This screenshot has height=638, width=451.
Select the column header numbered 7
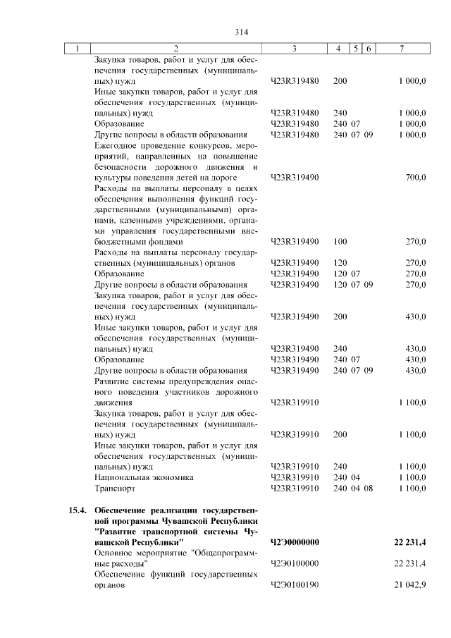coord(401,48)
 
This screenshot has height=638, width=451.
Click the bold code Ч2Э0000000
coord(295,541)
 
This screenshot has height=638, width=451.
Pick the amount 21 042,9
coord(408,585)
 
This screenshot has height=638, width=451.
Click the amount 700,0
coord(414,178)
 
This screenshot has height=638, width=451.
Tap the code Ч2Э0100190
coord(295,585)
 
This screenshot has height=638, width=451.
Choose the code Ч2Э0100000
coord(295,563)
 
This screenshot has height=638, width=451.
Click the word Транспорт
coord(113,488)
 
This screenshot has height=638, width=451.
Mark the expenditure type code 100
coord(340,242)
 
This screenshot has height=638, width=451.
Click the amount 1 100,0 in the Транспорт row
coord(412,488)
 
